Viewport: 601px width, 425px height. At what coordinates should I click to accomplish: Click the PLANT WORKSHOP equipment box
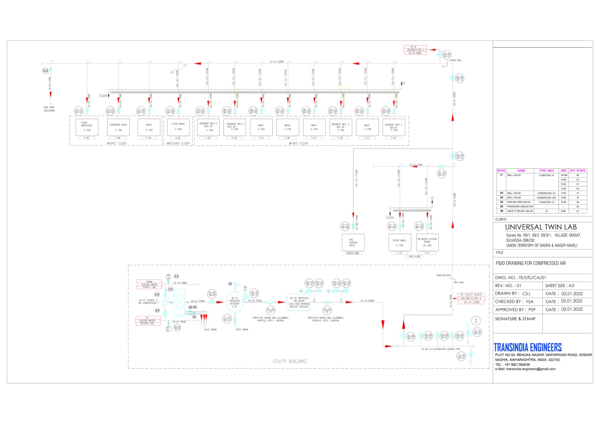click(86, 127)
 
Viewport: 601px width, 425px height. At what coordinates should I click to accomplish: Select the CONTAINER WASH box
click(118, 127)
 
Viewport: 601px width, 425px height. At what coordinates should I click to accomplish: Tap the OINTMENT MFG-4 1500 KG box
click(208, 127)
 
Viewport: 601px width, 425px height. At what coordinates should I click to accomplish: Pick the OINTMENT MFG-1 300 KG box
click(393, 127)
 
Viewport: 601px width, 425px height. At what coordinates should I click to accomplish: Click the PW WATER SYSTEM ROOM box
click(427, 242)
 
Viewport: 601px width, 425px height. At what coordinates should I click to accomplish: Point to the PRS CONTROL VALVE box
click(353, 242)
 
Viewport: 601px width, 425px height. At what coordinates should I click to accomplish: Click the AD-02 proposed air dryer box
click(299, 302)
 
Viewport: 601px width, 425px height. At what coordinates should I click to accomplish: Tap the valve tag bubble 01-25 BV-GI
click(442, 174)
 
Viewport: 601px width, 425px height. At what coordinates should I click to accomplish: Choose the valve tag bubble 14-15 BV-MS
click(345, 226)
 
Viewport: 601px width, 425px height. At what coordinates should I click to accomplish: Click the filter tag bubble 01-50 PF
click(270, 310)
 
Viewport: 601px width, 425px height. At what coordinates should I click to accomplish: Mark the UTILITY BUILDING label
click(289, 361)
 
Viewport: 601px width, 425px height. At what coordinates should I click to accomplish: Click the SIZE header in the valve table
click(563, 171)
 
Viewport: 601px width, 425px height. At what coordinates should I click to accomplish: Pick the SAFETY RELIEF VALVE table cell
click(520, 211)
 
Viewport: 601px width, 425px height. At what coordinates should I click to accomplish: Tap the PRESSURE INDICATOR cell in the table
click(520, 207)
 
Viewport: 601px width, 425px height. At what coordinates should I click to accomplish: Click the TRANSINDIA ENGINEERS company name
click(527, 347)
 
